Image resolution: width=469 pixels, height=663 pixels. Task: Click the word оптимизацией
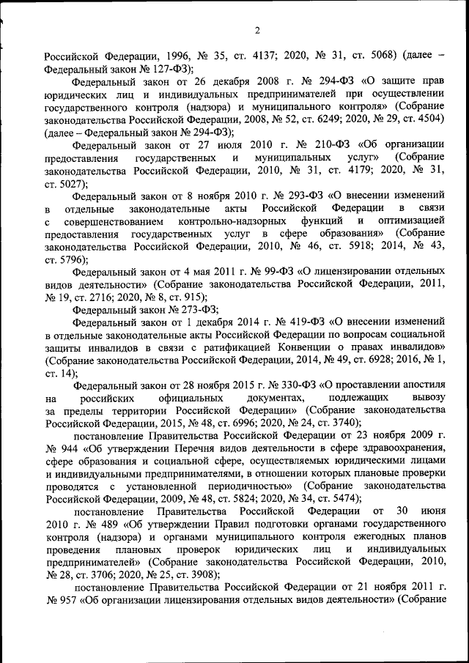click(412, 222)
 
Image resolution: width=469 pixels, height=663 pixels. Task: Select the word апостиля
click(420, 385)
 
